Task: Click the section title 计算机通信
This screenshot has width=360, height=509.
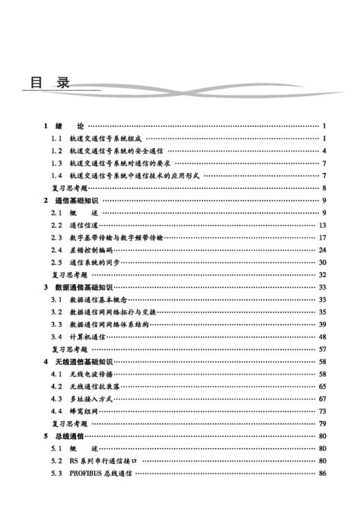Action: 87,337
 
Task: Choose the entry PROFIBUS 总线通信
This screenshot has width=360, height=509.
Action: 101,473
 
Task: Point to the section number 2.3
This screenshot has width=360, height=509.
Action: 57,238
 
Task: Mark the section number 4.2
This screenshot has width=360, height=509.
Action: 57,386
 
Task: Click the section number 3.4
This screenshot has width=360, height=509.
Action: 57,337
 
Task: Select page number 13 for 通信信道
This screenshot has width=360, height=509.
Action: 322,226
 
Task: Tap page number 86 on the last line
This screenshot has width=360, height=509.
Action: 322,473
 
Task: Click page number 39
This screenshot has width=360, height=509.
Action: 322,324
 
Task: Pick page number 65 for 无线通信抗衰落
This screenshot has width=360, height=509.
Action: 322,386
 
